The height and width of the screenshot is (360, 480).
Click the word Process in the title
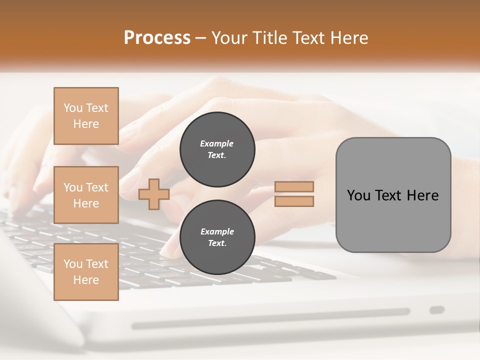click(157, 38)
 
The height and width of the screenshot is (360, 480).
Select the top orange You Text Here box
click(86, 116)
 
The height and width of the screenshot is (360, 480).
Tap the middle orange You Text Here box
click(86, 195)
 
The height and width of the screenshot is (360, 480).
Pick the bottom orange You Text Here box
click(86, 272)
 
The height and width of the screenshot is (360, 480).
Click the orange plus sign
click(153, 194)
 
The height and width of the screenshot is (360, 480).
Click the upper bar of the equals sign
click(294, 186)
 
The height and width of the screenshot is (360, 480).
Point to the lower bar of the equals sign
click(294, 201)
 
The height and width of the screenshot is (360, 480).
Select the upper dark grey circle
click(217, 149)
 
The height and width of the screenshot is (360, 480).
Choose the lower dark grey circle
click(217, 237)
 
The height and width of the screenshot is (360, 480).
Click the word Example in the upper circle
click(217, 144)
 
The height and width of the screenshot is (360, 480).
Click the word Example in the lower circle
click(217, 232)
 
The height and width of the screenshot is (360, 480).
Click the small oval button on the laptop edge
click(437, 310)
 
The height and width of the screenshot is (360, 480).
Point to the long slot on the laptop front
click(270, 318)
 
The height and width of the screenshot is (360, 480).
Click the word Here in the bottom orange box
click(86, 280)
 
